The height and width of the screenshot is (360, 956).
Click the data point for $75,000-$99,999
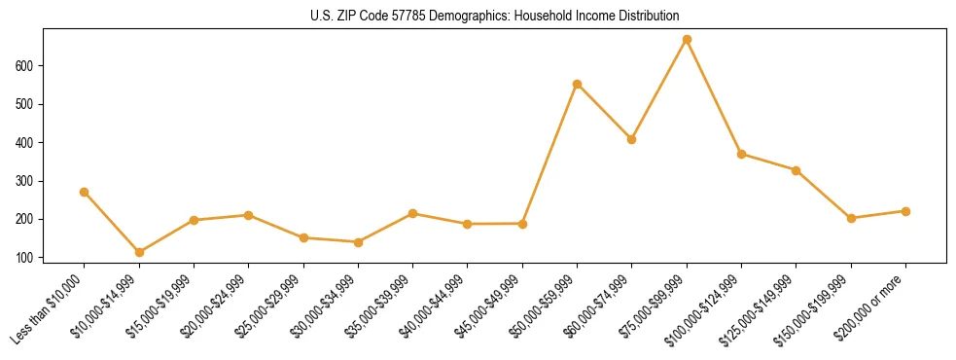click(x=687, y=40)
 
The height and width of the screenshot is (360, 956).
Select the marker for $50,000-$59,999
click(x=577, y=84)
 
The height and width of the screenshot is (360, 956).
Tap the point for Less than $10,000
click(x=85, y=192)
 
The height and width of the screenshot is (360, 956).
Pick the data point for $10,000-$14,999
click(x=139, y=252)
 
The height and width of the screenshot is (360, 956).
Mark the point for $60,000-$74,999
click(x=632, y=139)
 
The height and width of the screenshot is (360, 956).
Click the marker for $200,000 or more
click(x=905, y=211)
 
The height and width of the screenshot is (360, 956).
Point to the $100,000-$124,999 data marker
click(x=741, y=154)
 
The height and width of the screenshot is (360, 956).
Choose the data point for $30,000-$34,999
click(x=358, y=242)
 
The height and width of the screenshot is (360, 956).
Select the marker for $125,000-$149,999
click(x=796, y=170)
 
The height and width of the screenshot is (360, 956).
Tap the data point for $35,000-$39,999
click(x=413, y=213)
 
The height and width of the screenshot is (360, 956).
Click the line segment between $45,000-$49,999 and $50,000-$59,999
click(x=550, y=154)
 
